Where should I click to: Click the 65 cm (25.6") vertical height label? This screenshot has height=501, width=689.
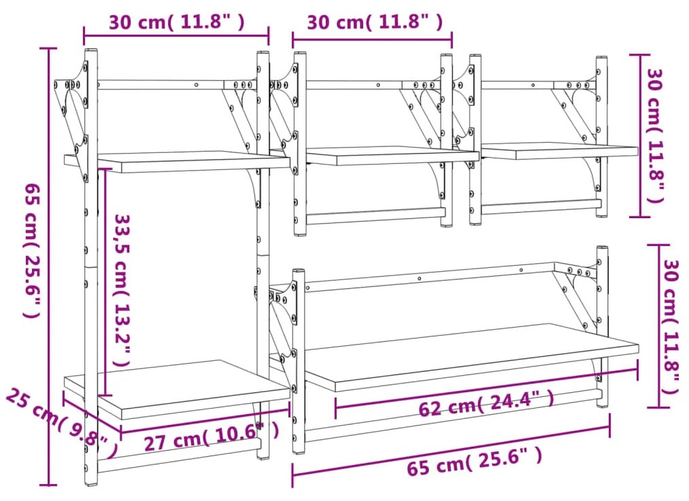(x=32, y=250)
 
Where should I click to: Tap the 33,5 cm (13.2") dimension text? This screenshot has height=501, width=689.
(x=122, y=290)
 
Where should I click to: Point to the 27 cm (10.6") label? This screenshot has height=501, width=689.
(x=212, y=437)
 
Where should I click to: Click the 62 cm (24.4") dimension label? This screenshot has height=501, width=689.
(x=486, y=404)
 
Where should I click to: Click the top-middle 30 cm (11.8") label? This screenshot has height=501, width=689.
(x=375, y=22)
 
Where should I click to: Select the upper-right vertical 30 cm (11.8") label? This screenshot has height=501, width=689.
(x=655, y=136)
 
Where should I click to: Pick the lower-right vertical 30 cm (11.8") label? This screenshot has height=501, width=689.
(x=672, y=327)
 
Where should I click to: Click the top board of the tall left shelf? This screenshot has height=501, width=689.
(x=177, y=162)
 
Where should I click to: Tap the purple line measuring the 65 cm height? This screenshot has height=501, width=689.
(x=48, y=266)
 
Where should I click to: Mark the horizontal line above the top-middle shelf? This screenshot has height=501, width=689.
(x=372, y=39)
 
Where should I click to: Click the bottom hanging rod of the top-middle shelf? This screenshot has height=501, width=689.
(x=375, y=216)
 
